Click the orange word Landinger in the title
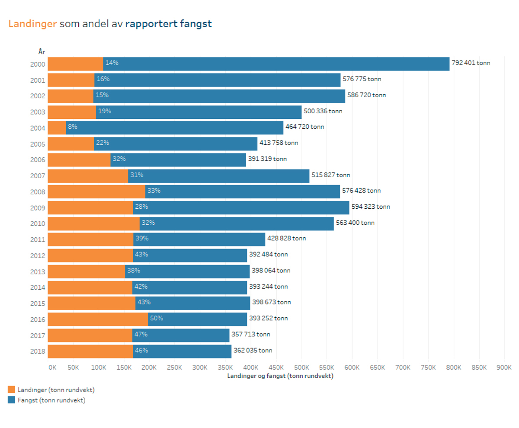tap(33, 24)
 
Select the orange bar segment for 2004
tap(57, 128)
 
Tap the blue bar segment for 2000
tap(277, 64)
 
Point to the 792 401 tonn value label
tap(471, 63)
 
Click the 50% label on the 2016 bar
tap(157, 318)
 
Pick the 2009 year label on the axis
tap(37, 208)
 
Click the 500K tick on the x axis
tap(301, 367)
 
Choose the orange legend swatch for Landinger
tap(11, 390)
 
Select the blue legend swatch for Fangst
tap(11, 400)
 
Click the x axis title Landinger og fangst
tap(280, 376)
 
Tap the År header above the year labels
tap(42, 52)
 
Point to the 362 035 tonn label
tap(253, 350)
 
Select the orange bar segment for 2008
tap(96, 192)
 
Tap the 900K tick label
tap(504, 367)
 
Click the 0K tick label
tap(52, 367)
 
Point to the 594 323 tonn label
tap(371, 207)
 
